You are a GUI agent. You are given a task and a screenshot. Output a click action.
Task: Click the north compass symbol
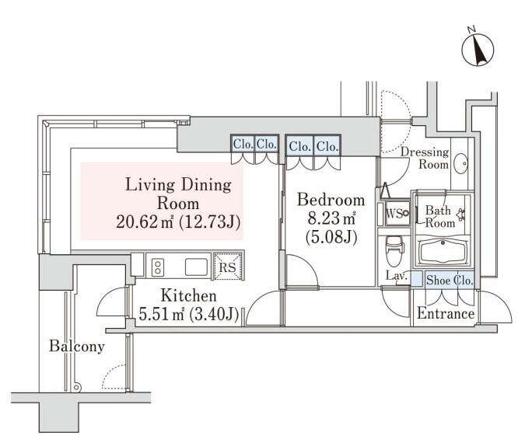478,50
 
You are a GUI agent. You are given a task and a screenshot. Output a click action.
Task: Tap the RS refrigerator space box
227,267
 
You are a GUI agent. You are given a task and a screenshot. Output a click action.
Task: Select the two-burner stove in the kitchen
157,267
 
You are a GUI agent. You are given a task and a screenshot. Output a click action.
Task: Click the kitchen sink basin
196,267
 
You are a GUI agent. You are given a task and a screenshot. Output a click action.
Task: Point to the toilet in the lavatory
394,249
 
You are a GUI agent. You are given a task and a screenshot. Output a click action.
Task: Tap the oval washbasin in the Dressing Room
461,164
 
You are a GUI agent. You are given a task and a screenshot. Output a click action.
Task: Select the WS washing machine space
397,212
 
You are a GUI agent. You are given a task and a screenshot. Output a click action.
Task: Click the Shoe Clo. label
450,280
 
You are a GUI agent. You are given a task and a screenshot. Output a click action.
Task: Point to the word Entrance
446,313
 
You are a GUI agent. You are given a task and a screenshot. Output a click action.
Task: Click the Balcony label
77,346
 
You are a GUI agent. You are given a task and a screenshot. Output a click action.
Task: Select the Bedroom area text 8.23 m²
331,218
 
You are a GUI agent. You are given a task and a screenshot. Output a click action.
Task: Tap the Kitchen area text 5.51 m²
161,314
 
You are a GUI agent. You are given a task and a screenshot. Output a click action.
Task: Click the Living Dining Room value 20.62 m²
145,221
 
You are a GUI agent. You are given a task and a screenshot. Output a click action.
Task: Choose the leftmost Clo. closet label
243,145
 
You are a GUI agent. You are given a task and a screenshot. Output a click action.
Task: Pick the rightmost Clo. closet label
327,146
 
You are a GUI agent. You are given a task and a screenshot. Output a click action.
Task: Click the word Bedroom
331,200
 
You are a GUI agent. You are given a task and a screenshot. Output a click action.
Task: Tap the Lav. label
396,275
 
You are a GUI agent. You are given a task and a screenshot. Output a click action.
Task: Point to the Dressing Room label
425,158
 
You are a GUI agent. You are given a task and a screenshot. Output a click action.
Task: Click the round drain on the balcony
77,388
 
